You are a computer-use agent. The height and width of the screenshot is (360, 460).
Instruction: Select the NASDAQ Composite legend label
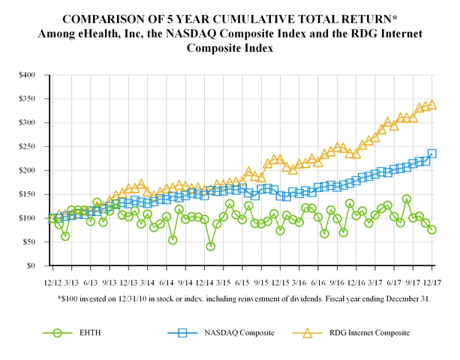pos(234,332)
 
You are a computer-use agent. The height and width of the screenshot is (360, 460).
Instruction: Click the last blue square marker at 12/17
pos(432,154)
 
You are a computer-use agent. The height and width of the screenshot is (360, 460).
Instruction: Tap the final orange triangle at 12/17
pos(432,105)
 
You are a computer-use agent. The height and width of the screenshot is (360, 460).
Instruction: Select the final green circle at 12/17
pos(432,229)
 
